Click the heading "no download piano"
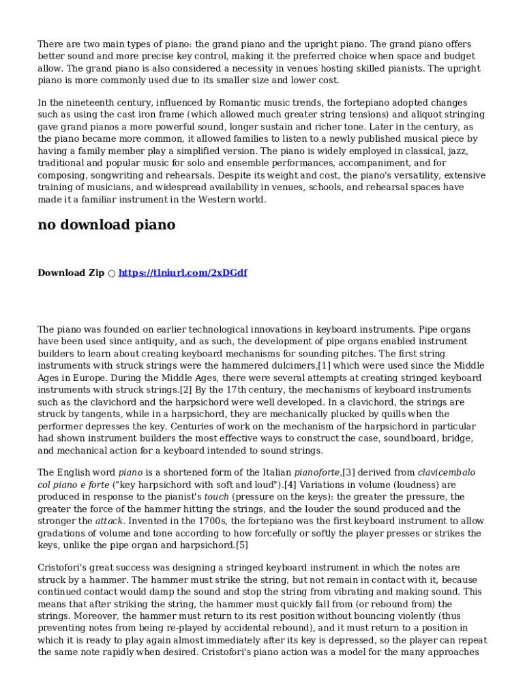click(x=106, y=225)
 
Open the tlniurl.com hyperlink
click(x=183, y=273)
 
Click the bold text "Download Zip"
click(x=71, y=273)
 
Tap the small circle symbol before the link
click(x=112, y=273)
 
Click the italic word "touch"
click(x=217, y=497)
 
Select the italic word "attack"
click(x=109, y=521)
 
